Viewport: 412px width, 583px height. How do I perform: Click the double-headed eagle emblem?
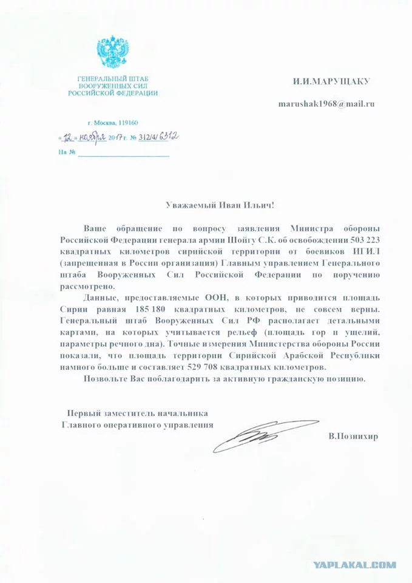coord(112,53)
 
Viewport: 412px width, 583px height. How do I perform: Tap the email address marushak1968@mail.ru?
coord(326,103)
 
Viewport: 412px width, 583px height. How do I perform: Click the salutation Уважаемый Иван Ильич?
coord(215,206)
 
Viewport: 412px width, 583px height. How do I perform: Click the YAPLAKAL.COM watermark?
coord(355,565)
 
